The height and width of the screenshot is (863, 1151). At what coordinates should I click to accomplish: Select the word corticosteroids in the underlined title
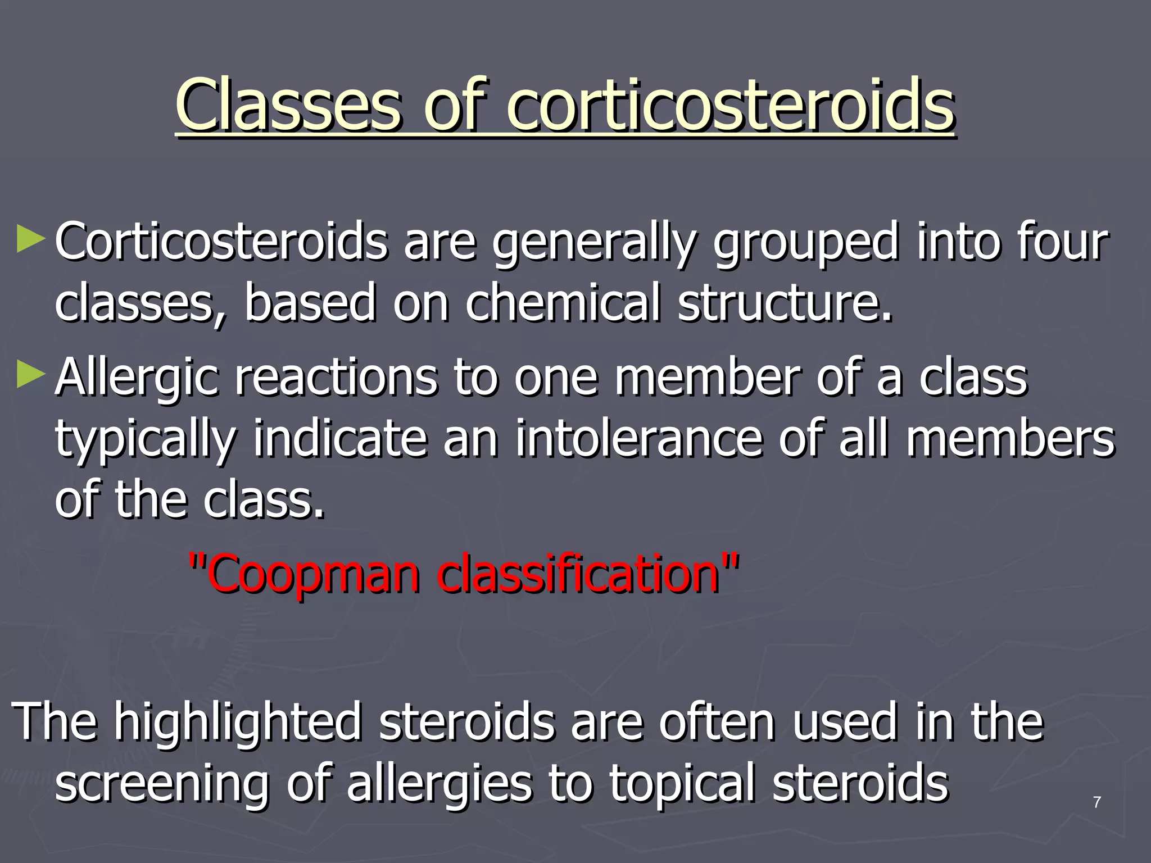pyautogui.click(x=731, y=105)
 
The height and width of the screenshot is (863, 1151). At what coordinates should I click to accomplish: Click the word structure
pyautogui.click(x=785, y=303)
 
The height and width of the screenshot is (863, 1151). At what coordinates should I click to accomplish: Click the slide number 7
pyautogui.click(x=1096, y=802)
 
